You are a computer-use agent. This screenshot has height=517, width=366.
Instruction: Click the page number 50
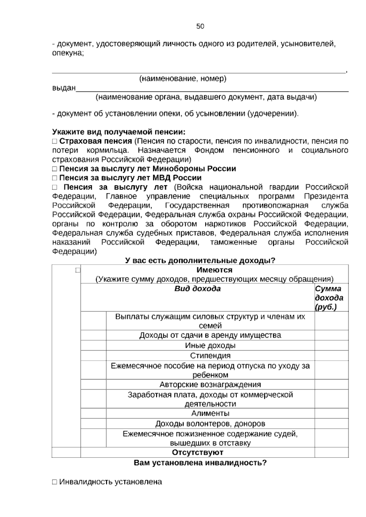click(200, 27)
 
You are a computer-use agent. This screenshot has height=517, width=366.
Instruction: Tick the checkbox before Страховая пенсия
click(55, 141)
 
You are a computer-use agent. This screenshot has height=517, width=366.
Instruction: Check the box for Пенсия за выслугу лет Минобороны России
click(55, 169)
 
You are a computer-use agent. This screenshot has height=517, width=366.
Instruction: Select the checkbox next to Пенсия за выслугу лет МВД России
click(55, 178)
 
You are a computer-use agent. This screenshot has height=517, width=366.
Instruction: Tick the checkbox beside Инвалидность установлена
click(55, 482)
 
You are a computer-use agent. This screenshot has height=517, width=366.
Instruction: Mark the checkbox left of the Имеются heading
click(77, 270)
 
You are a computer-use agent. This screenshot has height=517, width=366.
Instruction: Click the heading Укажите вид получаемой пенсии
click(119, 132)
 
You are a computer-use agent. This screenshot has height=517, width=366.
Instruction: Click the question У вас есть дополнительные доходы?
click(200, 261)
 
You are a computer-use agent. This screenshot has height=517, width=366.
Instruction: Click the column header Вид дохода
click(198, 289)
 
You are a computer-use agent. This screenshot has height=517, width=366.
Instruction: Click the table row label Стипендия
click(210, 356)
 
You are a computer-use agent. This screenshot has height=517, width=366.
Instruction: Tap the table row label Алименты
click(210, 413)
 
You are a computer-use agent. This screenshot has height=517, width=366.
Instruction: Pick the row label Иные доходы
click(210, 346)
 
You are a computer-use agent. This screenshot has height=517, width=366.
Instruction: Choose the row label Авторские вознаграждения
click(210, 385)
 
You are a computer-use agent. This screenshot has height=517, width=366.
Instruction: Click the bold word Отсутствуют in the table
click(198, 452)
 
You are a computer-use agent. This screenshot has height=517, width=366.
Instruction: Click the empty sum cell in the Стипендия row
click(331, 356)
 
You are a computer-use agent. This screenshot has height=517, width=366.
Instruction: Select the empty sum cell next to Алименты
click(331, 413)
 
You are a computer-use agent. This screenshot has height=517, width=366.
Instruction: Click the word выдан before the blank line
click(64, 88)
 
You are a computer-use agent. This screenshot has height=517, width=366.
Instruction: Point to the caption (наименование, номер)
click(183, 79)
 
